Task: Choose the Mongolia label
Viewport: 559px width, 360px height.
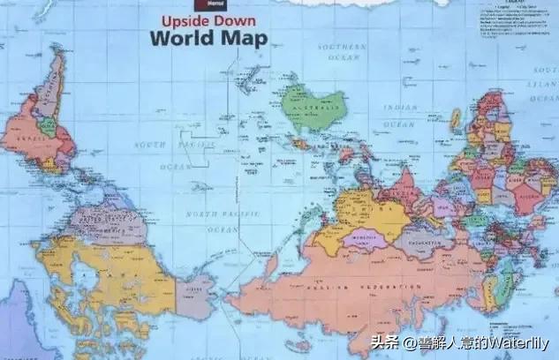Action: (364, 236)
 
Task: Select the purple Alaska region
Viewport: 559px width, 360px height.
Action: (196, 294)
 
